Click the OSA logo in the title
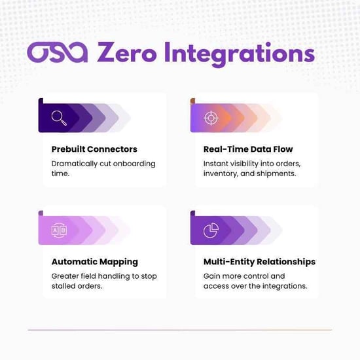[58, 54]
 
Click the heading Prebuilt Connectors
[94, 149]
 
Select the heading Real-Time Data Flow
[248, 149]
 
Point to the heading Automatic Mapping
[94, 262]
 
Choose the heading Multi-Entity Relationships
[259, 262]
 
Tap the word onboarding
[134, 164]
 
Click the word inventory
[224, 175]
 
